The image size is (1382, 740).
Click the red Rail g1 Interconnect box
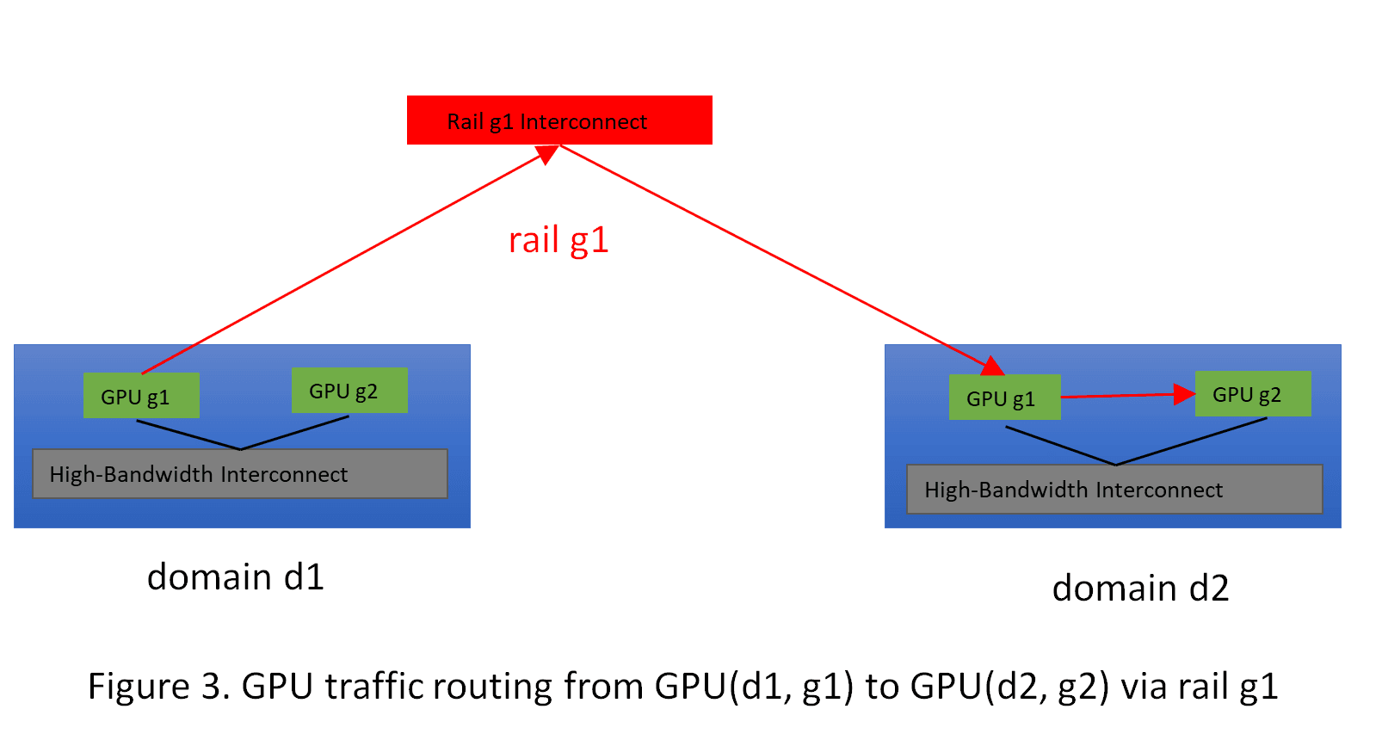click(x=559, y=120)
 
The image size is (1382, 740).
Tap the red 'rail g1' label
click(x=558, y=240)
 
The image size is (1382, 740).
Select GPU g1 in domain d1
click(x=141, y=396)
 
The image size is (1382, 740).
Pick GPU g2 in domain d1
click(x=349, y=391)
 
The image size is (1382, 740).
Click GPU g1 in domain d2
click(x=1004, y=398)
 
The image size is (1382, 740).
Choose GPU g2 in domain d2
click(x=1253, y=394)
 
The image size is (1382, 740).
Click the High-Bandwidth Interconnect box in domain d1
click(x=239, y=473)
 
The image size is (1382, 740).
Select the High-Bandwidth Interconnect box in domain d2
click(x=1114, y=490)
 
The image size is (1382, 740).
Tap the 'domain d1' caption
click(x=236, y=577)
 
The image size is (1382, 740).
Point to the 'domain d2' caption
click(x=1140, y=589)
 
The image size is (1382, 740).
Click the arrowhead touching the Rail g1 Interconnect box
click(x=547, y=154)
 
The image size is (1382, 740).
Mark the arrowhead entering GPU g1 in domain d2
click(x=993, y=367)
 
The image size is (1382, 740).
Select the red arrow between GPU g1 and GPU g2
click(x=1127, y=395)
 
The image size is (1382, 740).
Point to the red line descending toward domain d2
click(x=774, y=255)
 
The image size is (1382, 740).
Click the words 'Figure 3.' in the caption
click(x=159, y=687)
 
